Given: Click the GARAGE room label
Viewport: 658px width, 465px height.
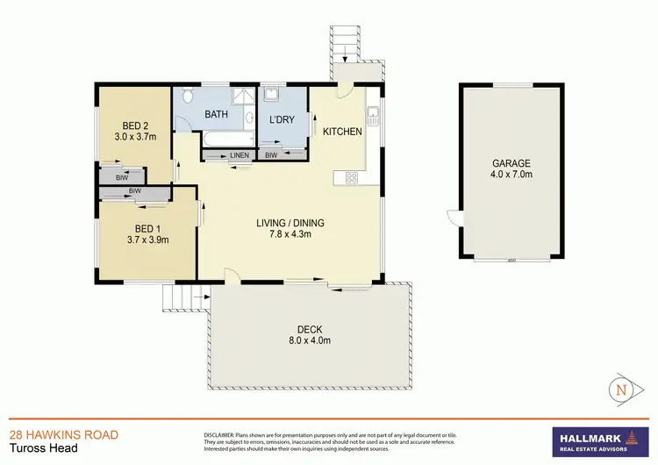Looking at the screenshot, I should pos(509,161).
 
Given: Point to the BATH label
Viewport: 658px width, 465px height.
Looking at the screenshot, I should pos(217,115).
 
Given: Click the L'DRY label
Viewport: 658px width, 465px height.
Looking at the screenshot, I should pos(282,119).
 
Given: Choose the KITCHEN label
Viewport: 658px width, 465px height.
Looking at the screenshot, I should pos(342,132).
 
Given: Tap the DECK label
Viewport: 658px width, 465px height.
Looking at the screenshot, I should pos(310,328).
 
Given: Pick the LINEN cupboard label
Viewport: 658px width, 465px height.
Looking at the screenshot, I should pos(240,156).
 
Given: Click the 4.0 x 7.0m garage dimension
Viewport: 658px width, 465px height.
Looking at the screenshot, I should pos(509,174).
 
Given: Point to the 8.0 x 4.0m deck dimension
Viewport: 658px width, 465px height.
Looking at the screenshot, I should pos(310,340).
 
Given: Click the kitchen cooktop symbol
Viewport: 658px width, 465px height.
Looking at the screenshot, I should pos(351,178).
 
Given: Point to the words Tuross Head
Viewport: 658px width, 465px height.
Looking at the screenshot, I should pos(39,448).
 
